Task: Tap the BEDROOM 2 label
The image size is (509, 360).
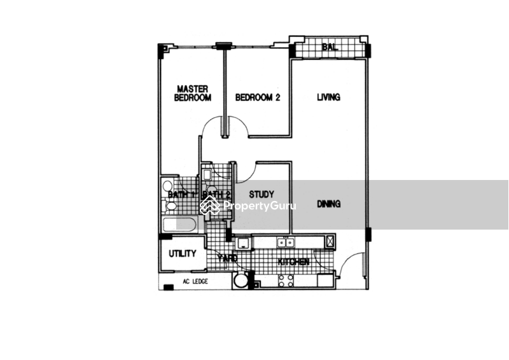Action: [x=258, y=97]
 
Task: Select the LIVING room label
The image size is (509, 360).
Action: [x=328, y=97]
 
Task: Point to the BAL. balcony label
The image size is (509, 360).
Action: [x=329, y=47]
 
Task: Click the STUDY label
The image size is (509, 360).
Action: [x=261, y=194]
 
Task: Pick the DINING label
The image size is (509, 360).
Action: [x=329, y=204]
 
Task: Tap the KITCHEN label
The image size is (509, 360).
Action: [x=293, y=262]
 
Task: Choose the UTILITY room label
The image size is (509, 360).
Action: [x=182, y=254]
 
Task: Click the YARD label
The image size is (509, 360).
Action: [x=227, y=258]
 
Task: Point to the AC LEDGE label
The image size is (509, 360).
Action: [x=195, y=281]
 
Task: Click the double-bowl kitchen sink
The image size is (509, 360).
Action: [x=285, y=242]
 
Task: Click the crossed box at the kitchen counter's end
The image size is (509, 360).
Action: [x=330, y=241]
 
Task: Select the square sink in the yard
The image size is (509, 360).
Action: [x=242, y=242]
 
